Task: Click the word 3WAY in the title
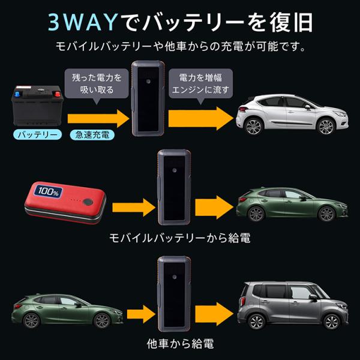coord(83,23)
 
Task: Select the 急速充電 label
coord(89,134)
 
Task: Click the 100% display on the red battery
coord(47,194)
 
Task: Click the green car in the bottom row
coord(65,310)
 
